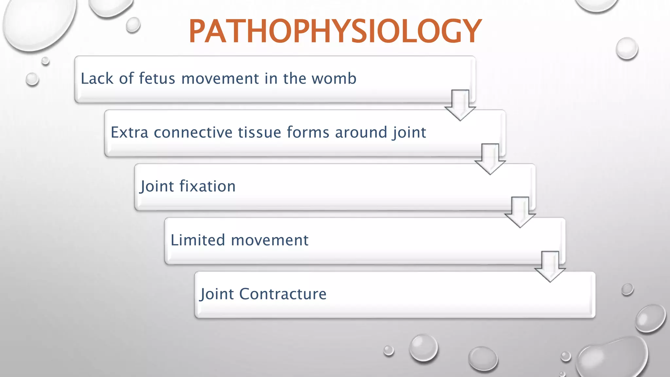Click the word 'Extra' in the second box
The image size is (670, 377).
[x=130, y=133]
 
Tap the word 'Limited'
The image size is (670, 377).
[x=198, y=240]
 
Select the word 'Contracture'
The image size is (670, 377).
[x=283, y=294]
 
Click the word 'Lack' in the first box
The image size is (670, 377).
[x=97, y=79]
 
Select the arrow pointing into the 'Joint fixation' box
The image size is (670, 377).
[x=490, y=159]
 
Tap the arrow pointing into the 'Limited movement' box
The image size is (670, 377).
[x=520, y=212]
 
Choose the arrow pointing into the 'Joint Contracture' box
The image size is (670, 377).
[x=550, y=266]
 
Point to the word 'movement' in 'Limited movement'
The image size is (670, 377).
[x=270, y=240]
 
